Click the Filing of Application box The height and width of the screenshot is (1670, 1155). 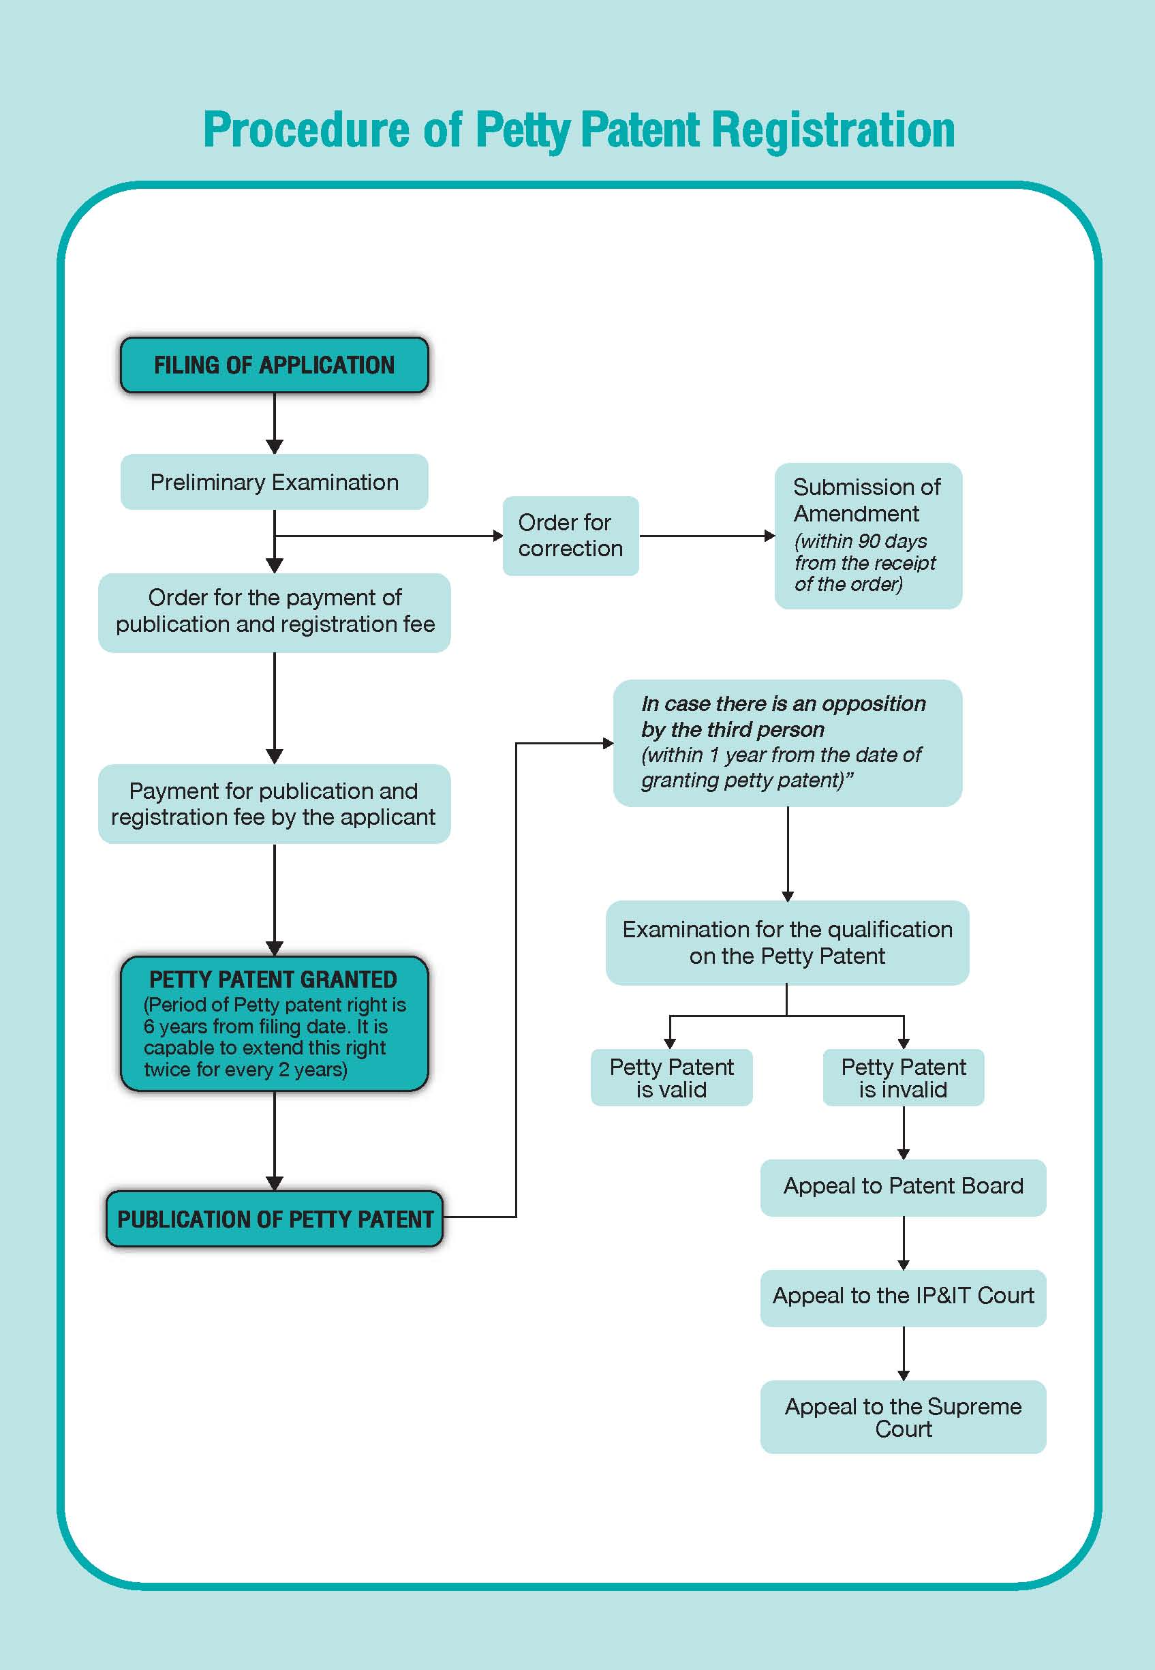275,365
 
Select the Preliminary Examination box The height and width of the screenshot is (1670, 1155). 275,482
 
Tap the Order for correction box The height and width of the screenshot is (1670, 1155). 571,536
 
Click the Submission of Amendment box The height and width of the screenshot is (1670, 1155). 868,536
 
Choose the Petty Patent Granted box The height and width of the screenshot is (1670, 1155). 275,1024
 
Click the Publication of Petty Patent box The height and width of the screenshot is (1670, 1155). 275,1219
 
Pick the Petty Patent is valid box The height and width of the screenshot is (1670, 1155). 672,1078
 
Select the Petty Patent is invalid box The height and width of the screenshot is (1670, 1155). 903,1078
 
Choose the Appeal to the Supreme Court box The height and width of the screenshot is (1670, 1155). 903,1416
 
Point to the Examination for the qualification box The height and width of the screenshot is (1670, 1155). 787,943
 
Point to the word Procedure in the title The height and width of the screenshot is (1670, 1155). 306,130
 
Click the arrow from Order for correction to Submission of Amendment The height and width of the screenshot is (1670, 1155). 707,536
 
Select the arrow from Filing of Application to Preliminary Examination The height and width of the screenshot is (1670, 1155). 275,423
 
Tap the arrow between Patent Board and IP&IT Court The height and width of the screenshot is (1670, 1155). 903,1243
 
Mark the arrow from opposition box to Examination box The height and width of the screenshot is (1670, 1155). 787,853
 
